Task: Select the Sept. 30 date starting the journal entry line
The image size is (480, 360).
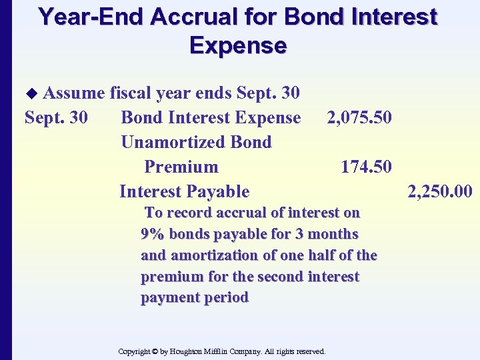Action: (55, 117)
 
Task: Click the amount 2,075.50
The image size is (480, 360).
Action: (359, 117)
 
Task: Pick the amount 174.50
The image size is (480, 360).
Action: (366, 167)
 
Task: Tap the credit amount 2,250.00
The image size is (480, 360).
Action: (440, 192)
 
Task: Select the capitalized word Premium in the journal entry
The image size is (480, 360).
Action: (181, 167)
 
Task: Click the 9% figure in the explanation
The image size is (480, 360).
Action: (153, 234)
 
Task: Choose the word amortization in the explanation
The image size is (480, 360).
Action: (229, 255)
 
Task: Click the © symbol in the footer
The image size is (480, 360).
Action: (154, 351)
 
